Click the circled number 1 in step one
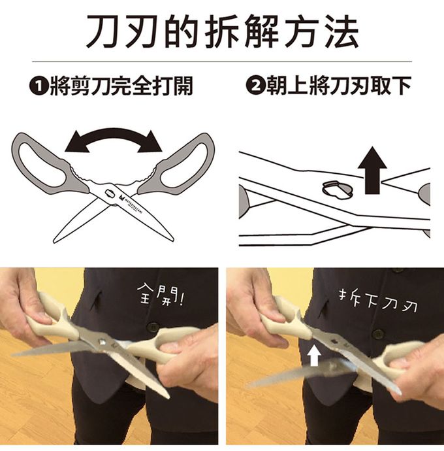39,86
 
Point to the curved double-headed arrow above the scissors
114,135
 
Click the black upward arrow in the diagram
372,171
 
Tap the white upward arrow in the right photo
314,356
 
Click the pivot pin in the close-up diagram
338,190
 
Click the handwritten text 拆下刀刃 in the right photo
377,302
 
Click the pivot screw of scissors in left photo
103,342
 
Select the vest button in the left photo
152,327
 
